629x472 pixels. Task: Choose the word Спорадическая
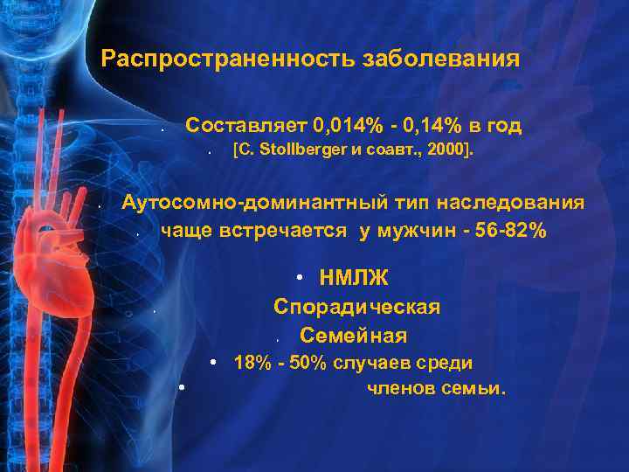click(x=356, y=307)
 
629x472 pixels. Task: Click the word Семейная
click(x=353, y=335)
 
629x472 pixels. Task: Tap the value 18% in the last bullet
click(x=252, y=363)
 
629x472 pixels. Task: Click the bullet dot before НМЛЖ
click(x=299, y=279)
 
